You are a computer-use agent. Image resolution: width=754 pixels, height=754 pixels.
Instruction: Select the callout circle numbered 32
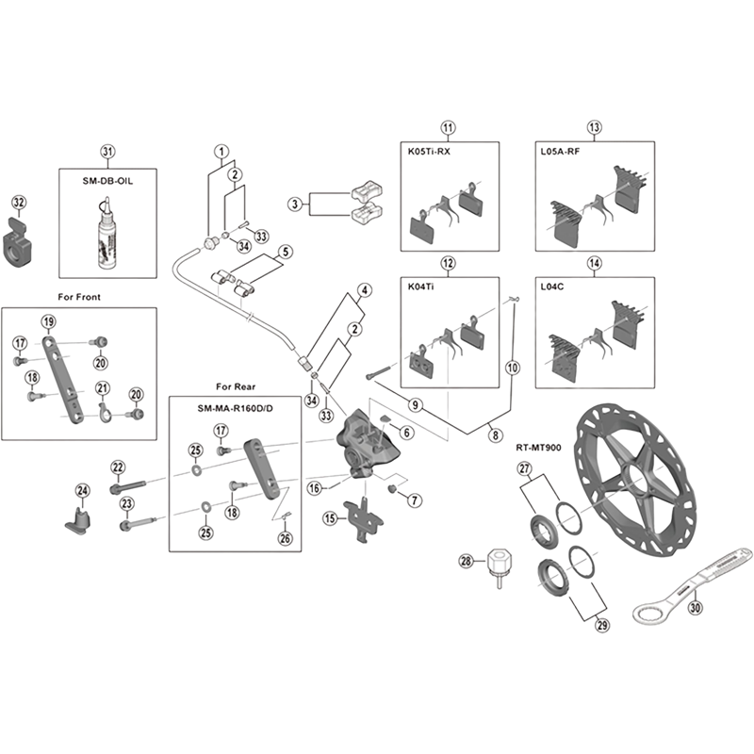19,202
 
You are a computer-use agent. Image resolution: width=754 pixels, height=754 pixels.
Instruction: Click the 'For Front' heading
78,297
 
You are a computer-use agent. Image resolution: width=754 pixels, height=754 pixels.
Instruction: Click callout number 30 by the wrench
696,608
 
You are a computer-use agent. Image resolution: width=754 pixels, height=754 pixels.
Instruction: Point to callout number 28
465,563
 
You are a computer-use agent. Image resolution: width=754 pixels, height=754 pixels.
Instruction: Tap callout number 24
82,490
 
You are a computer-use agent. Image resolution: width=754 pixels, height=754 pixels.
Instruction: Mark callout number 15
330,518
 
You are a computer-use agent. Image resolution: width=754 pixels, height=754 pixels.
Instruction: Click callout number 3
295,204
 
